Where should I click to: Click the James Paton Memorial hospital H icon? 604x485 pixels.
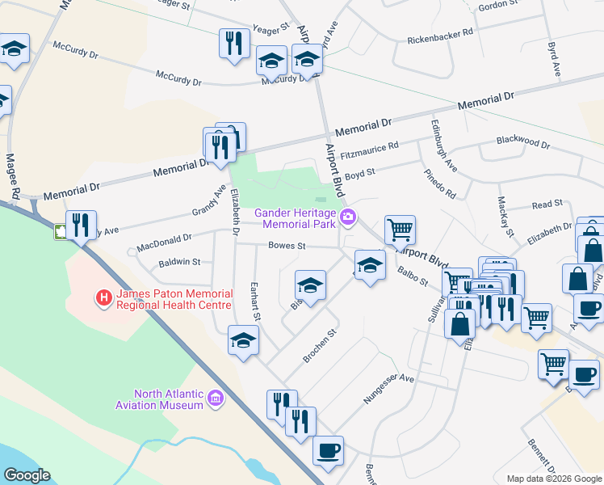[x=103, y=299]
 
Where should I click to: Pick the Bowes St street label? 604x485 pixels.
[x=287, y=245]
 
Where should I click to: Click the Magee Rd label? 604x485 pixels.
[x=12, y=176]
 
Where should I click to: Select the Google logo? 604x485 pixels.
[x=26, y=475]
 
